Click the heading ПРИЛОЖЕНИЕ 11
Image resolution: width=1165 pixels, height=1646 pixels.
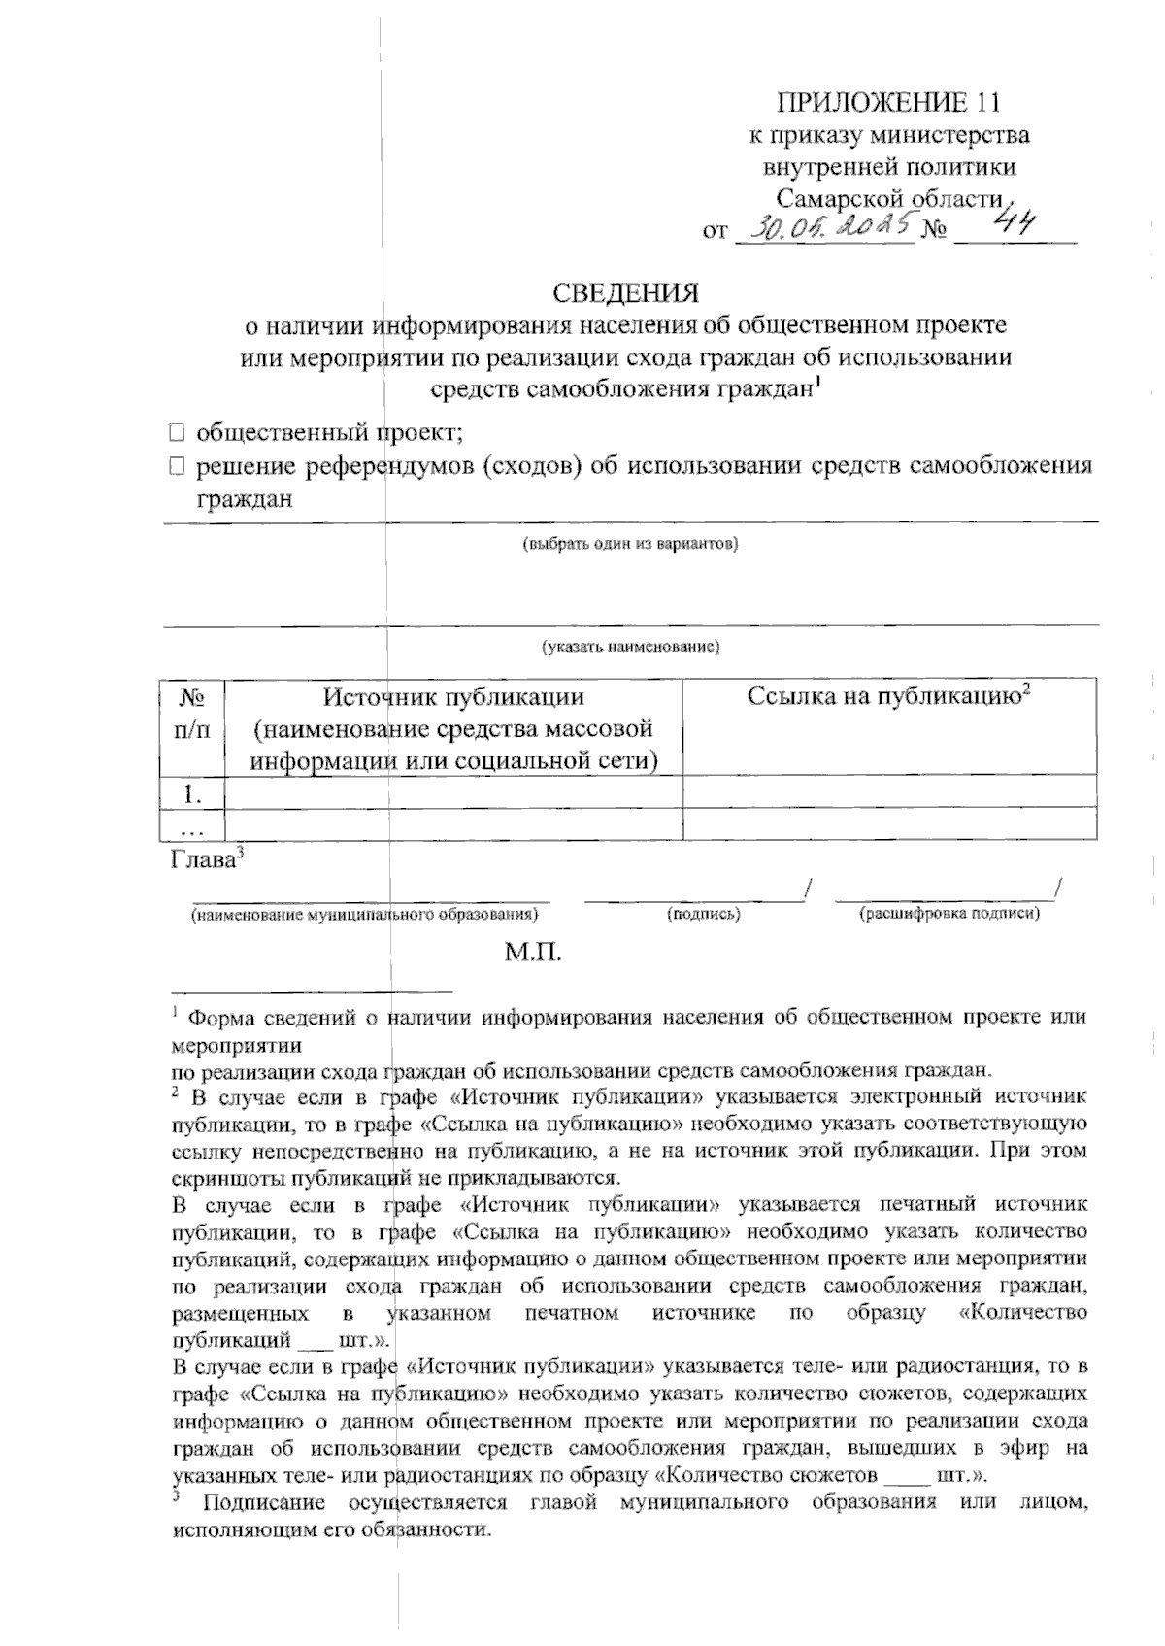pos(887,102)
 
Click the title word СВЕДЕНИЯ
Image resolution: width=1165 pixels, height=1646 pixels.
pos(625,292)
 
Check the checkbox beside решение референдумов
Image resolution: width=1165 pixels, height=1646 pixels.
pos(175,467)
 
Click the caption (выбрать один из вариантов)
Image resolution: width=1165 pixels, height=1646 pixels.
pos(630,544)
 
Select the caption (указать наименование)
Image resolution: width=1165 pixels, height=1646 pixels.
pos(630,646)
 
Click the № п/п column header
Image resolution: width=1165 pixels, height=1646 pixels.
pos(191,713)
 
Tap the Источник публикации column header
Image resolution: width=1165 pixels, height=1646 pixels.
pos(453,728)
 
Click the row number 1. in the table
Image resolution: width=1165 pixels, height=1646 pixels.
pos(191,794)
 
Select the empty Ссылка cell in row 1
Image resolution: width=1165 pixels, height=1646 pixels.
pos(889,794)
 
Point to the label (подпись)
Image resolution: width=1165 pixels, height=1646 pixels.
pos(704,915)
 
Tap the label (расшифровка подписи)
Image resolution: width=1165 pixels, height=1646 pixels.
pos(949,915)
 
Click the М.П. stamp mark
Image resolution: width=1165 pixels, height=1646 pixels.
pos(533,953)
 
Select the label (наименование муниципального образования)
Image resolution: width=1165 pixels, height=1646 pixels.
pos(364,915)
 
